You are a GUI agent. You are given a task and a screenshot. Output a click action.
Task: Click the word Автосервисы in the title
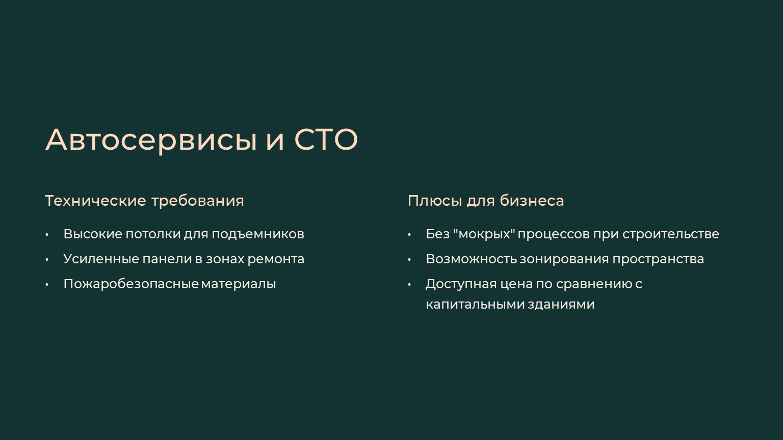click(151, 141)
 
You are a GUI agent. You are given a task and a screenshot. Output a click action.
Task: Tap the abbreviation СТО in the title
click(326, 140)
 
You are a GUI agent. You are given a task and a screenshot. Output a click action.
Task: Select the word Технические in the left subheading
click(96, 201)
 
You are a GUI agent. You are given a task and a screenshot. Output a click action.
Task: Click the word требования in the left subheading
click(198, 201)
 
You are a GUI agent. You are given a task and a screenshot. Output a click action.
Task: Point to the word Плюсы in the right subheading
click(434, 201)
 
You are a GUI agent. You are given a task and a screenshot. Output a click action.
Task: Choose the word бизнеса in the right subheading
click(532, 201)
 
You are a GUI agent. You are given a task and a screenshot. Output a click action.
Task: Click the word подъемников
click(258, 234)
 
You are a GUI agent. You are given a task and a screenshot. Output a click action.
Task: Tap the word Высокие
click(93, 234)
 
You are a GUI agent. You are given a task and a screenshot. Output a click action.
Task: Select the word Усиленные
click(101, 259)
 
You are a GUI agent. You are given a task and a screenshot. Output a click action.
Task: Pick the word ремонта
click(276, 259)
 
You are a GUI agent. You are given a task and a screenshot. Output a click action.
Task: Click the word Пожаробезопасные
click(131, 284)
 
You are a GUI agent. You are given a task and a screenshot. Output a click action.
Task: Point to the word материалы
click(239, 284)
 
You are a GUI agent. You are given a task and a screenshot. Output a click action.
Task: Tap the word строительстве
click(671, 234)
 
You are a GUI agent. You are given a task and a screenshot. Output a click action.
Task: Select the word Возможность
click(471, 259)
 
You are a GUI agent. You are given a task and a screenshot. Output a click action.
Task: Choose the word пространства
click(658, 259)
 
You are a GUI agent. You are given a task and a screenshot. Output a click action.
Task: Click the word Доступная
click(461, 284)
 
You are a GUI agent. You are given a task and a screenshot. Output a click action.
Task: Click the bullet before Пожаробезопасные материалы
click(47, 285)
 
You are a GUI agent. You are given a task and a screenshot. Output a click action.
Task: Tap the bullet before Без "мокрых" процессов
click(409, 235)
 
